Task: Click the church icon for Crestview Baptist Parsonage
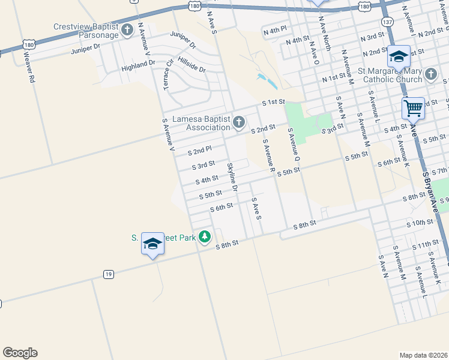pyautogui.click(x=127, y=30)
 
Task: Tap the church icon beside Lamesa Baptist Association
pyautogui.click(x=239, y=123)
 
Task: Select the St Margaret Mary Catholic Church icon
pyautogui.click(x=430, y=75)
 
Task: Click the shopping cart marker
pyautogui.click(x=413, y=109)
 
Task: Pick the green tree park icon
pyautogui.click(x=205, y=237)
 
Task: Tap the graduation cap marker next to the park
pyautogui.click(x=152, y=244)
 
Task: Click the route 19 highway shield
pyautogui.click(x=108, y=274)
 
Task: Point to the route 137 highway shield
pyautogui.click(x=387, y=22)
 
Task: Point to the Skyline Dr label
pyautogui.click(x=232, y=177)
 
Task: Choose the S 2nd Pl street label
pyautogui.click(x=199, y=151)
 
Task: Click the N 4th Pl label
pyautogui.click(x=276, y=29)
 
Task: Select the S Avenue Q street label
pyautogui.click(x=293, y=144)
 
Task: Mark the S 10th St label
pyautogui.click(x=419, y=223)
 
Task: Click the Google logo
pyautogui.click(x=20, y=353)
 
